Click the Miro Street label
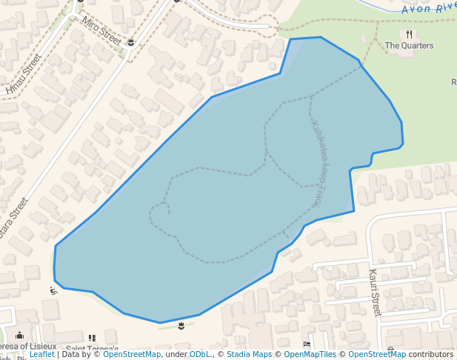pyautogui.click(x=102, y=30)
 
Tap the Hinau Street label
pyautogui.click(x=23, y=74)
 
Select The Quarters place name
pyautogui.click(x=409, y=46)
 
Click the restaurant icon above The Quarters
pyautogui.click(x=409, y=34)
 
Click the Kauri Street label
pyautogui.click(x=374, y=293)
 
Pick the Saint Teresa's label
pyautogui.click(x=92, y=348)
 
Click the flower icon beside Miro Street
pyautogui.click(x=131, y=42)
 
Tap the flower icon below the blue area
pyautogui.click(x=181, y=326)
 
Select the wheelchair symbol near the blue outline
pyautogui.click(x=53, y=290)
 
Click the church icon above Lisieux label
pyautogui.click(x=19, y=336)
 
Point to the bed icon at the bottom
pyautogui.click(x=307, y=344)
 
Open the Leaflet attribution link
pyautogui.click(x=41, y=355)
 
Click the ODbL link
pyautogui.click(x=200, y=355)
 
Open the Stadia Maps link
pyautogui.click(x=247, y=355)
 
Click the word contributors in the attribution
pyautogui.click(x=431, y=355)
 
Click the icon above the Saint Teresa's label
pyautogui.click(x=92, y=338)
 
